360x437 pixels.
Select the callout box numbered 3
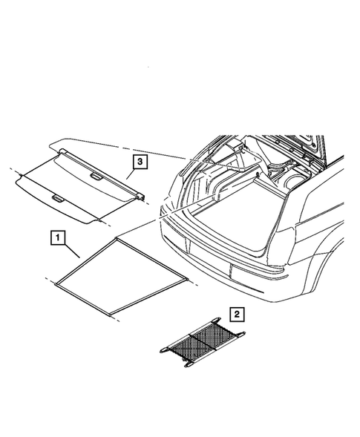click(x=138, y=160)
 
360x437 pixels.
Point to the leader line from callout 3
click(x=129, y=174)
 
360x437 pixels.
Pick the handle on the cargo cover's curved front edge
click(x=58, y=198)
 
